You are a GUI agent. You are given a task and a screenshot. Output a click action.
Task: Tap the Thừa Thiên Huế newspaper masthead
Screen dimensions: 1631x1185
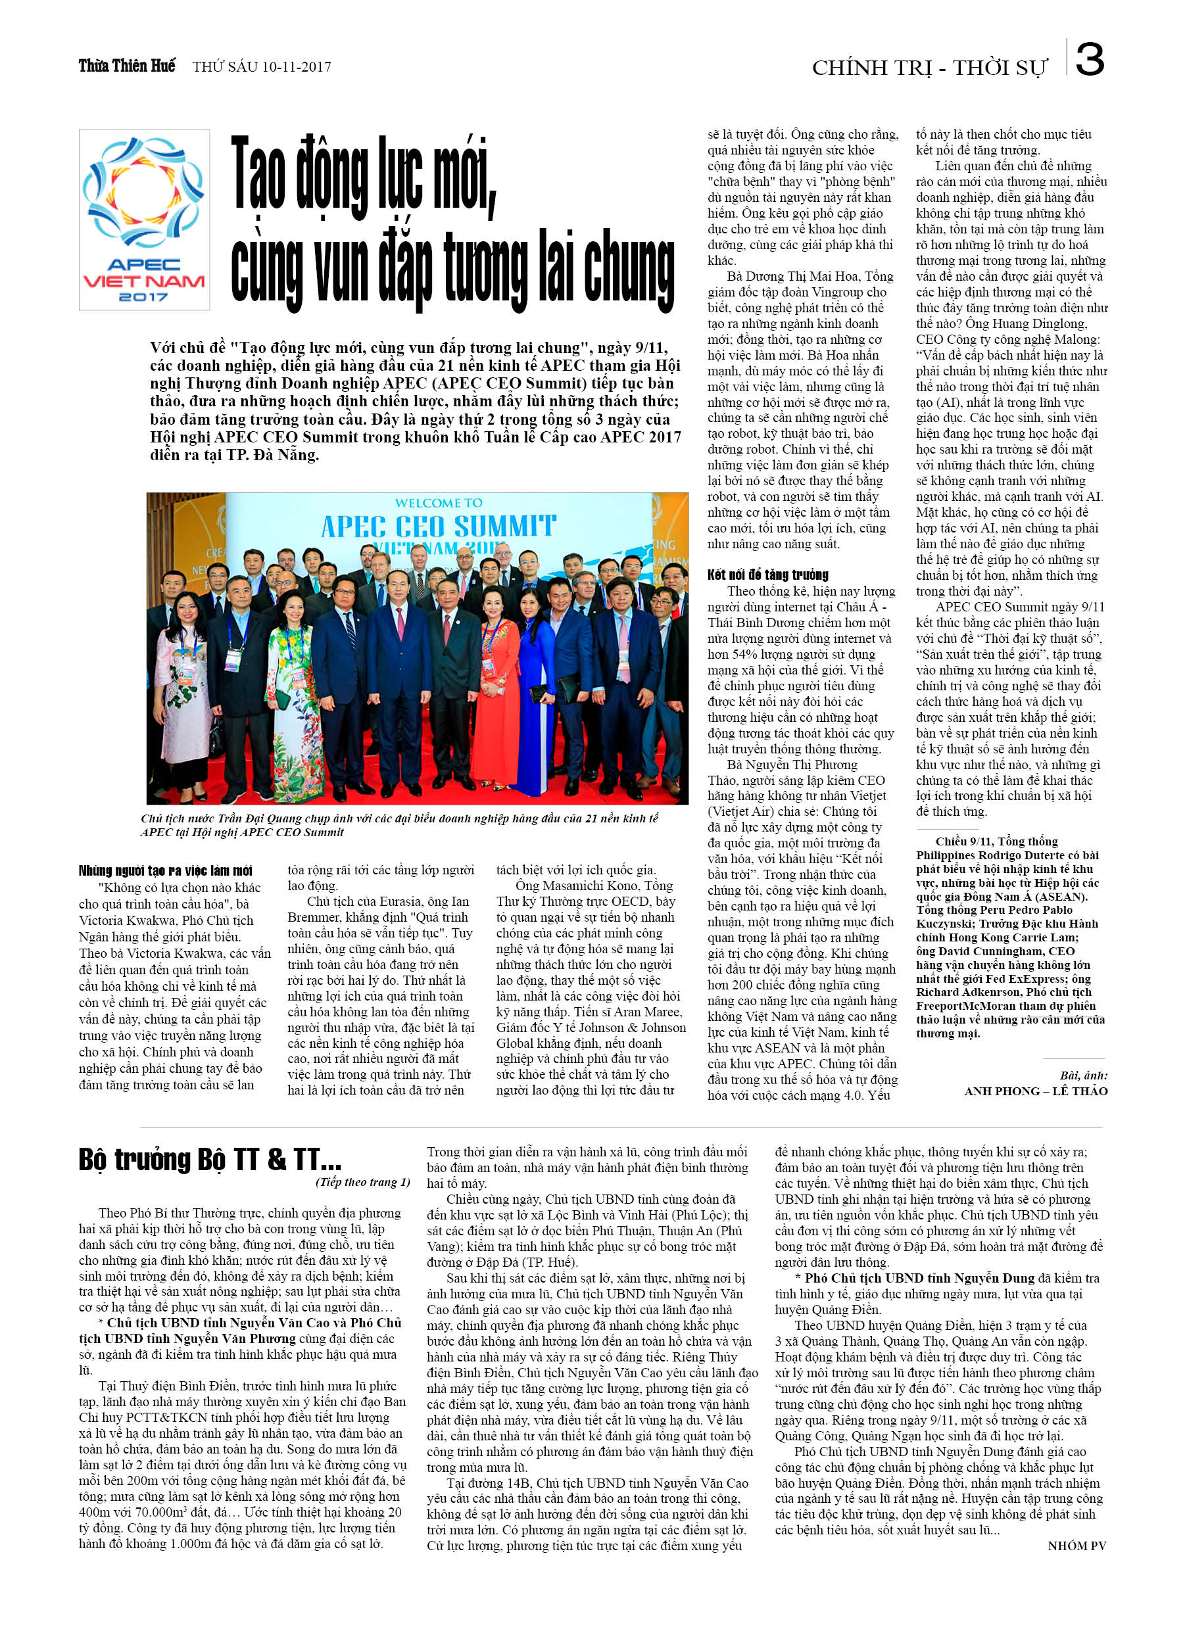[127, 66]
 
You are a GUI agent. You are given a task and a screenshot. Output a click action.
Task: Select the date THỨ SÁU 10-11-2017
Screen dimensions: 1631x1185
[262, 67]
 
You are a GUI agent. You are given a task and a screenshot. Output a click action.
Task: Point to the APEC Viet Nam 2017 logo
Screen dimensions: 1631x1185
[144, 220]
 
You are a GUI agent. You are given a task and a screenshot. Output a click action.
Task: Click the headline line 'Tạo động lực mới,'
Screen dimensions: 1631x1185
[364, 176]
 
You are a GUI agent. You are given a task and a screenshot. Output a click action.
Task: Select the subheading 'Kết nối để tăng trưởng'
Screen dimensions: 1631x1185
[767, 575]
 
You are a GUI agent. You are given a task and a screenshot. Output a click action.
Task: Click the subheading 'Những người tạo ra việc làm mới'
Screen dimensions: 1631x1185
[165, 871]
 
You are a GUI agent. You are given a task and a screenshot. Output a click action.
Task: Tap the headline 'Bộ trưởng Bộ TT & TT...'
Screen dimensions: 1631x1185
[209, 1160]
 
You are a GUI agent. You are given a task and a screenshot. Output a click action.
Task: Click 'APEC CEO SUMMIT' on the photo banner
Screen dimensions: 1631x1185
[438, 526]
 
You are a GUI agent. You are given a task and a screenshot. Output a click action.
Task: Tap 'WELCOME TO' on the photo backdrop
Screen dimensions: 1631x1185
[438, 503]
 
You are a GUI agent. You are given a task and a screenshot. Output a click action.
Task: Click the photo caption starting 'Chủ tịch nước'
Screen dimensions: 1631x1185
[399, 825]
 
